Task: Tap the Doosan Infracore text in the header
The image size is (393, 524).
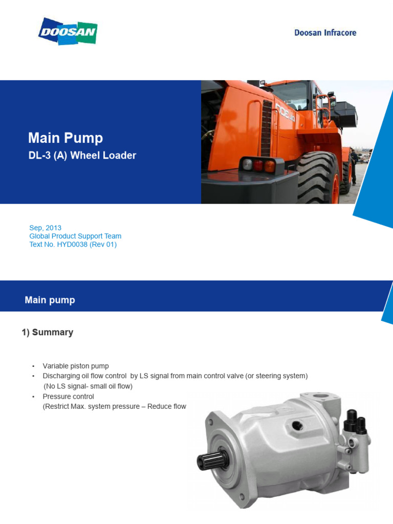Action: pyautogui.click(x=325, y=33)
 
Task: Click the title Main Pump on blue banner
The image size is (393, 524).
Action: pyautogui.click(x=65, y=138)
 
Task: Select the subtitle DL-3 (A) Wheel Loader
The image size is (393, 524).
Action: pyautogui.click(x=82, y=155)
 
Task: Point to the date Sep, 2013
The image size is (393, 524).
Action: pyautogui.click(x=46, y=228)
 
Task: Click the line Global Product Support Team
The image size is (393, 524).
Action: pyautogui.click(x=75, y=236)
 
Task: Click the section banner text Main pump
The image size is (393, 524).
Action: pyautogui.click(x=50, y=300)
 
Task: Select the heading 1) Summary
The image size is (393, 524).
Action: pyautogui.click(x=47, y=332)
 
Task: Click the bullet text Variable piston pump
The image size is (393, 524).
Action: pyautogui.click(x=76, y=366)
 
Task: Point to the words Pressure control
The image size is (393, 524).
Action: pyautogui.click(x=68, y=397)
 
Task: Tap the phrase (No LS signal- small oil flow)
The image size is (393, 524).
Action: pyautogui.click(x=88, y=386)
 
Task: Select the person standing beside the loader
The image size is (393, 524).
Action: pyautogui.click(x=353, y=165)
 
